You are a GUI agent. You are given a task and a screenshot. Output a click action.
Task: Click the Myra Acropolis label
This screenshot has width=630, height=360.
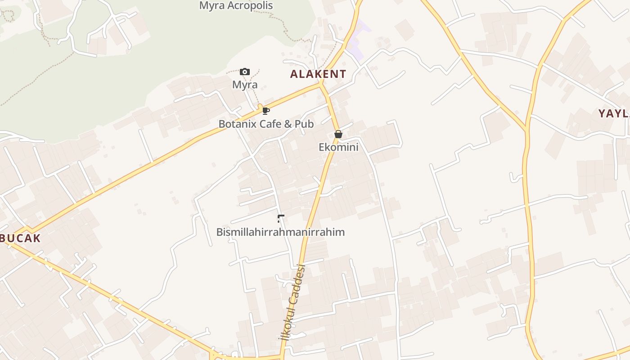[236, 6]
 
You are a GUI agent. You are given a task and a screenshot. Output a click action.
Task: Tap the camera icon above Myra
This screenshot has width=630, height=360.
[245, 72]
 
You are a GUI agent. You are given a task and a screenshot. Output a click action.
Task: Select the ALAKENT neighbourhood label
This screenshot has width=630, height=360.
[318, 74]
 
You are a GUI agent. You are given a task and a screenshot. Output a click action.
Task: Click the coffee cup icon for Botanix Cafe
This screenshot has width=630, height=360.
[266, 111]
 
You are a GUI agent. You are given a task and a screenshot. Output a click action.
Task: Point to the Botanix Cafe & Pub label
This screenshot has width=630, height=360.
[266, 124]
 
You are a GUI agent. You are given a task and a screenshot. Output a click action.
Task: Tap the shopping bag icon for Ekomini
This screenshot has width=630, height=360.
[338, 134]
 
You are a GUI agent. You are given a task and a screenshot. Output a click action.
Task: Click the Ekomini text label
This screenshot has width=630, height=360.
[338, 147]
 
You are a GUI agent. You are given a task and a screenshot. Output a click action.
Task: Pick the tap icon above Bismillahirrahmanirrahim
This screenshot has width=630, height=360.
[281, 219]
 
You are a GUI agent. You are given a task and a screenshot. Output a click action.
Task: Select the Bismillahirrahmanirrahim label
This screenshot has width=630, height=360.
[280, 232]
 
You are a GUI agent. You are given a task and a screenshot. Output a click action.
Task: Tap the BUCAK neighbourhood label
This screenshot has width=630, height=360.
[21, 238]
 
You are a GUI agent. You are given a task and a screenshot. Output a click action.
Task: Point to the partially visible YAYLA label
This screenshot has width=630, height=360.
[614, 113]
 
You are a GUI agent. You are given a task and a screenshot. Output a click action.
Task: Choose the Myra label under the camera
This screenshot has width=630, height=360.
[245, 85]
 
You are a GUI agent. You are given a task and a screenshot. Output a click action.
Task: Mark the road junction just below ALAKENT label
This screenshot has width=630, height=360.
[321, 84]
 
